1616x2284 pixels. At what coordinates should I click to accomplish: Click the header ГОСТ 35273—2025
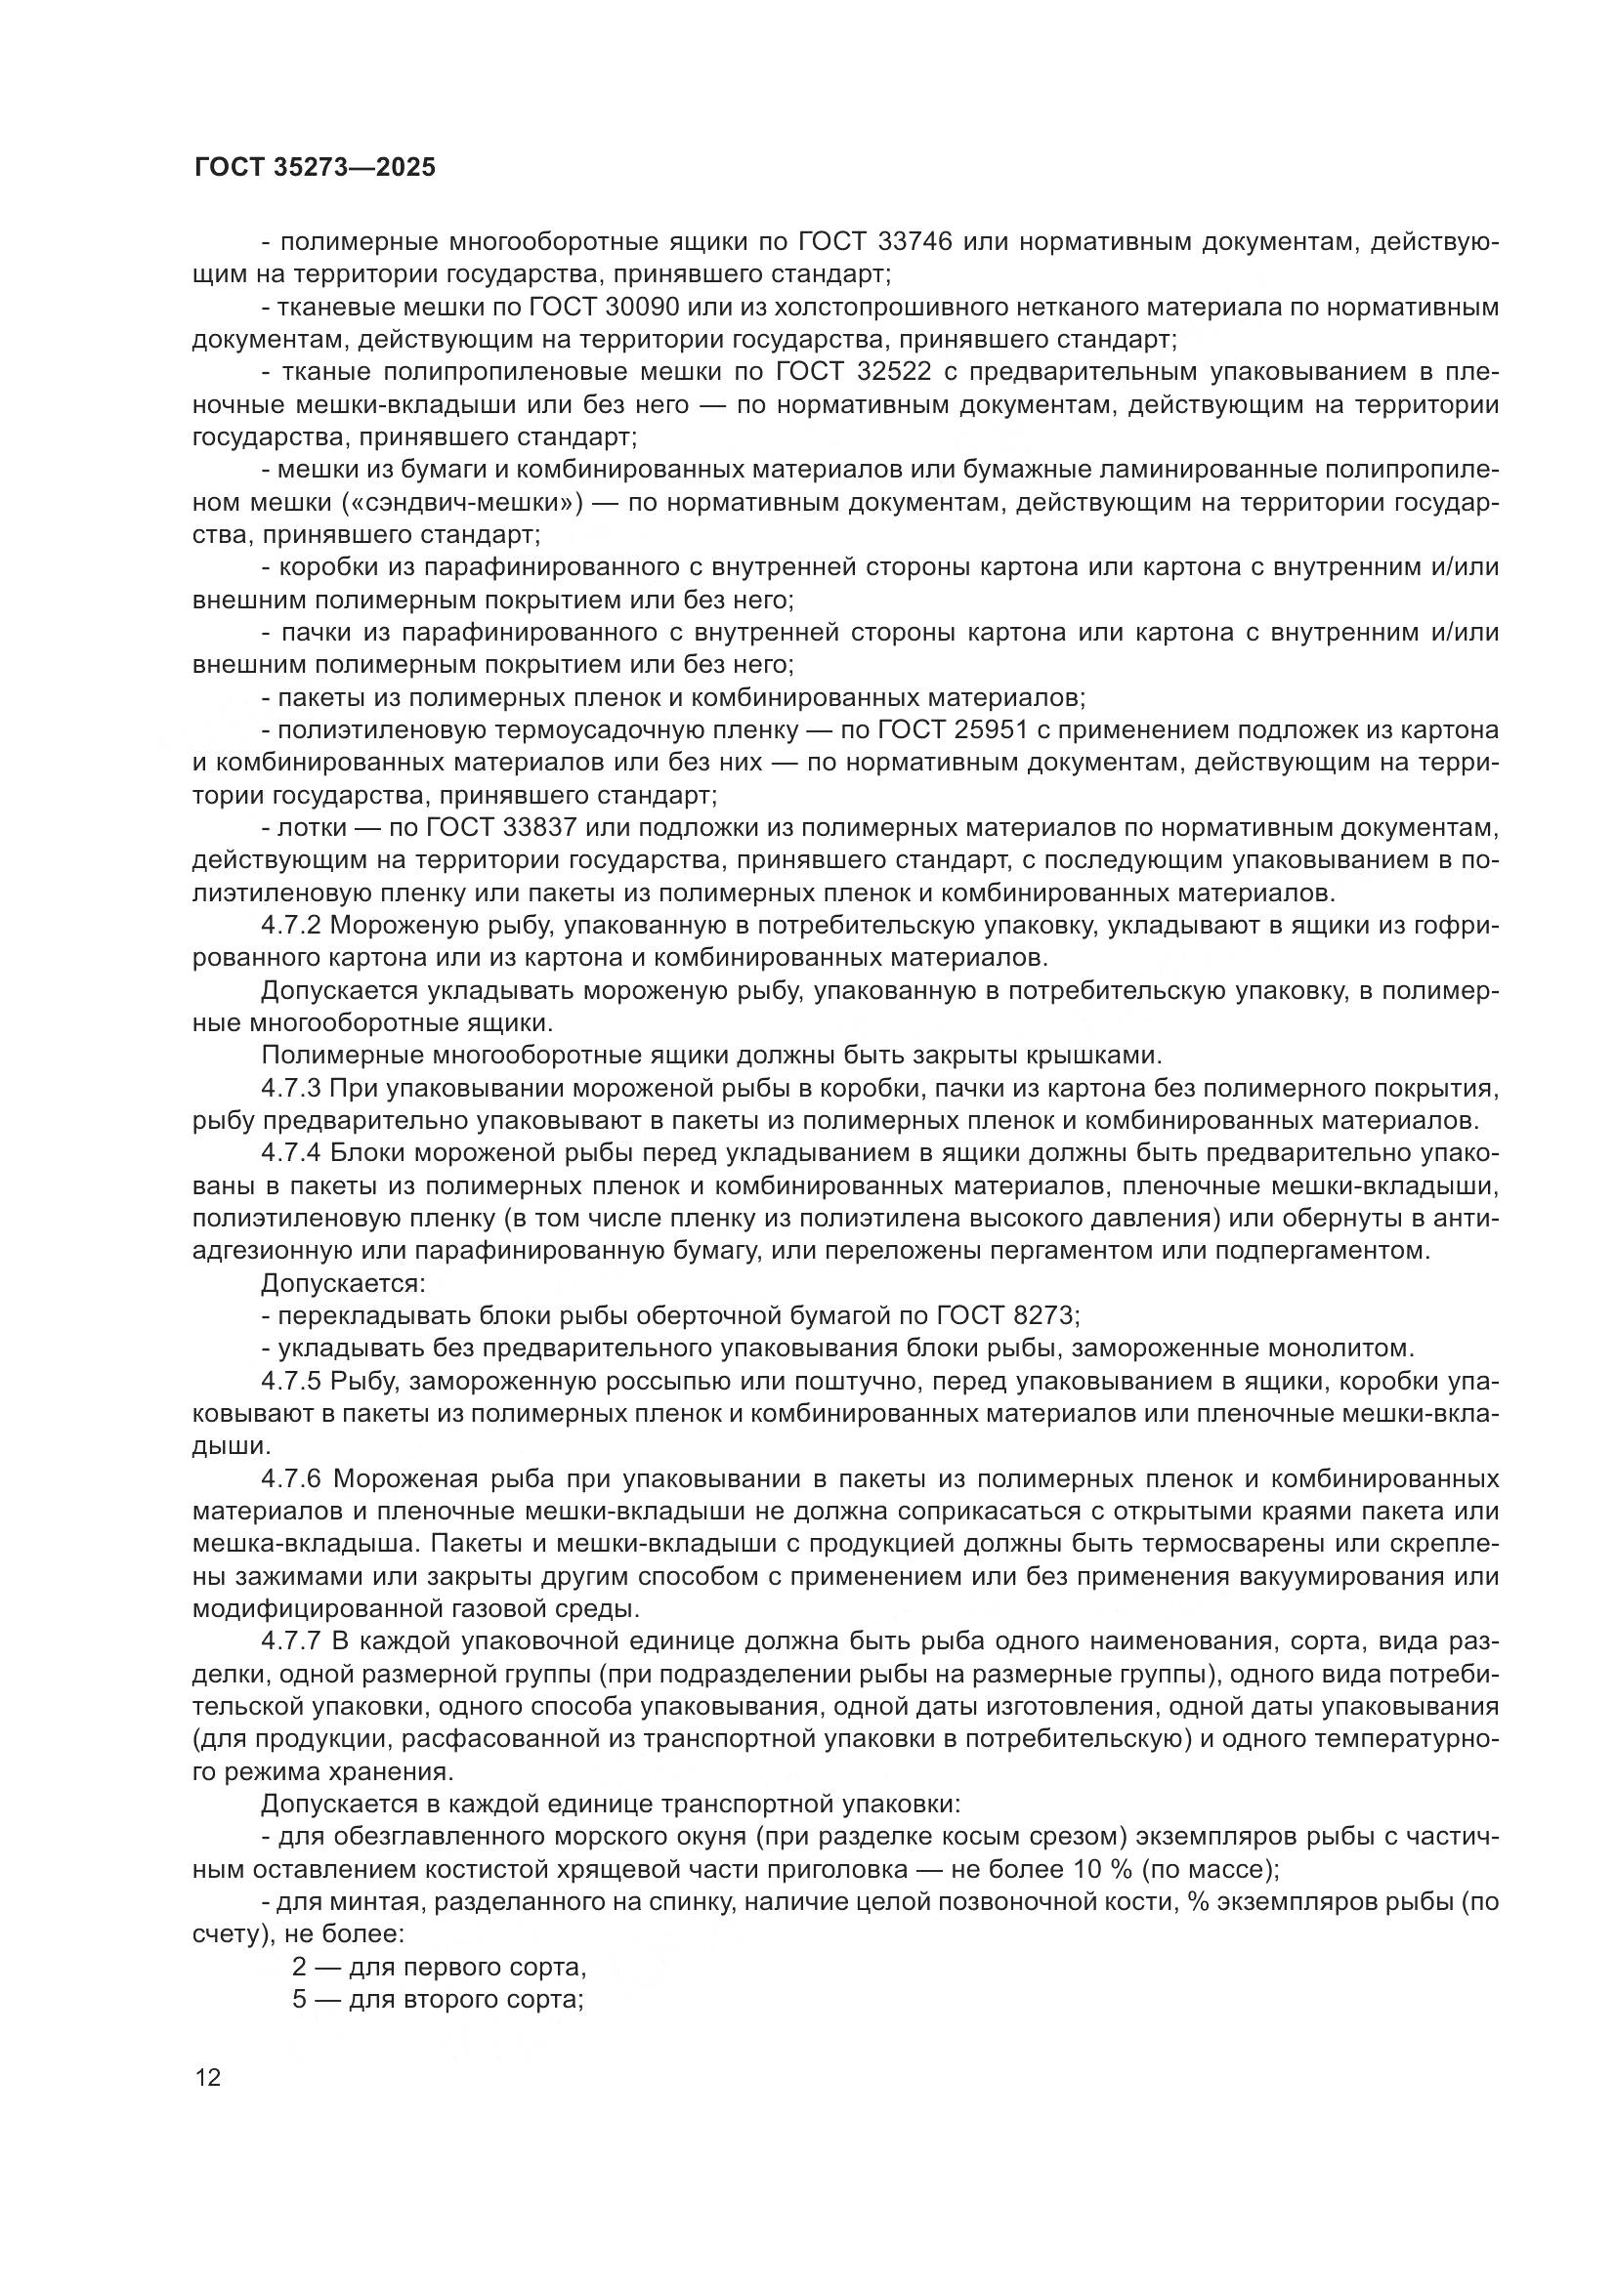pos(316,167)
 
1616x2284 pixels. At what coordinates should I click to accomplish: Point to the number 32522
pos(893,372)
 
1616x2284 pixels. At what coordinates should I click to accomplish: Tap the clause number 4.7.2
pos(290,925)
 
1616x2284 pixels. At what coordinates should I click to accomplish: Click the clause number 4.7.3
pos(290,1088)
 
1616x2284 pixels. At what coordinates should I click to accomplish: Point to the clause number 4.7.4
pos(290,1153)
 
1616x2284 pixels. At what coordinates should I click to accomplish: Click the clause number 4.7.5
pos(290,1381)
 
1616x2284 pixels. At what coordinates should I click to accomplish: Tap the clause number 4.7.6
pos(290,1478)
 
